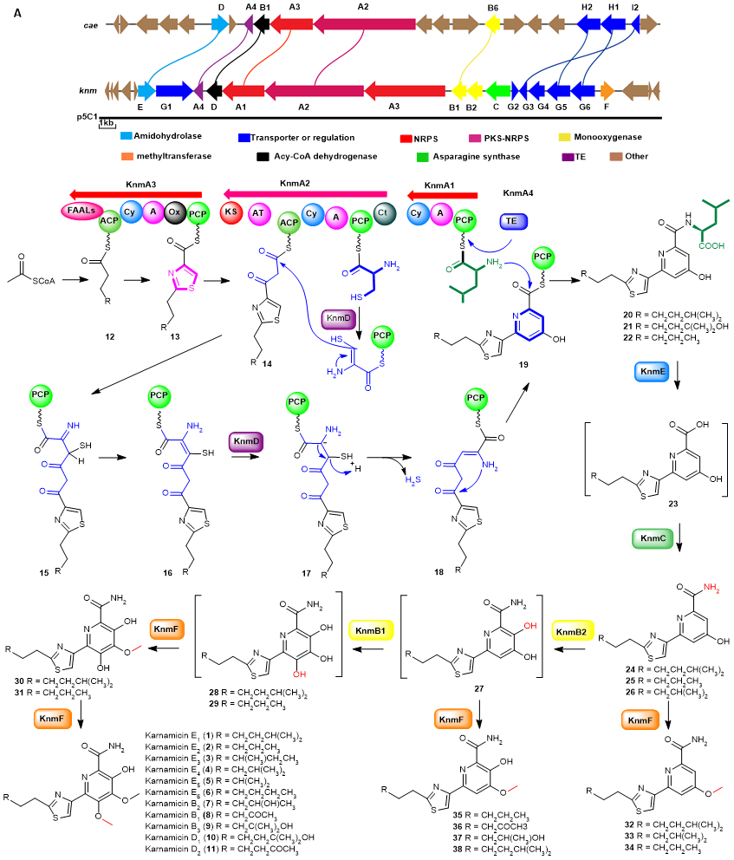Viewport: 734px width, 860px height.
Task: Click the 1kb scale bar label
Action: tap(107, 125)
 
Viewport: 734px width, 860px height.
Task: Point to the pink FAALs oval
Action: tap(81, 210)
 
